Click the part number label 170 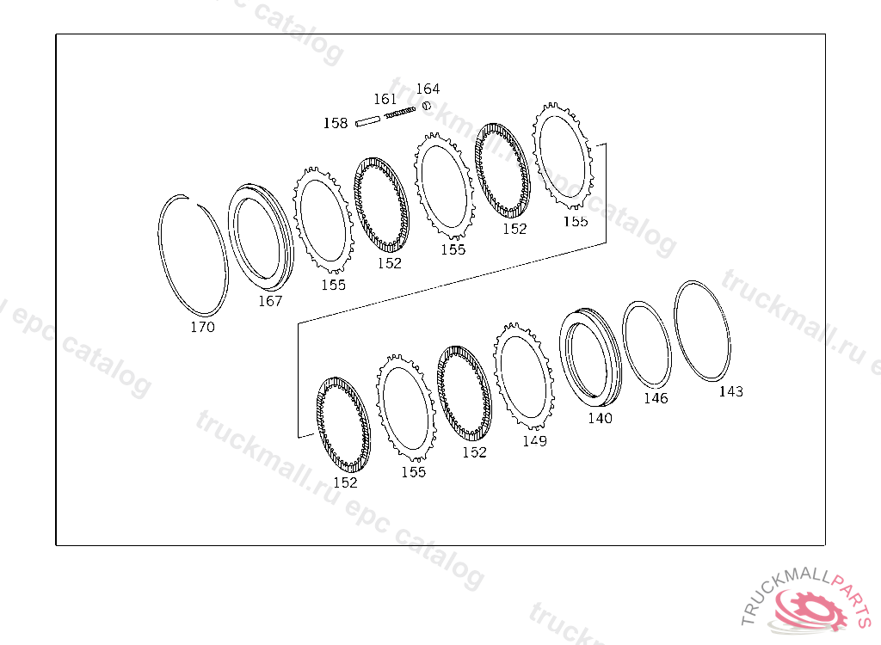(202, 327)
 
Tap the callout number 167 (269, 301)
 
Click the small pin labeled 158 (368, 120)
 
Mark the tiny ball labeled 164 (427, 105)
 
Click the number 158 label (336, 123)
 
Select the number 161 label (385, 99)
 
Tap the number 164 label (428, 89)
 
